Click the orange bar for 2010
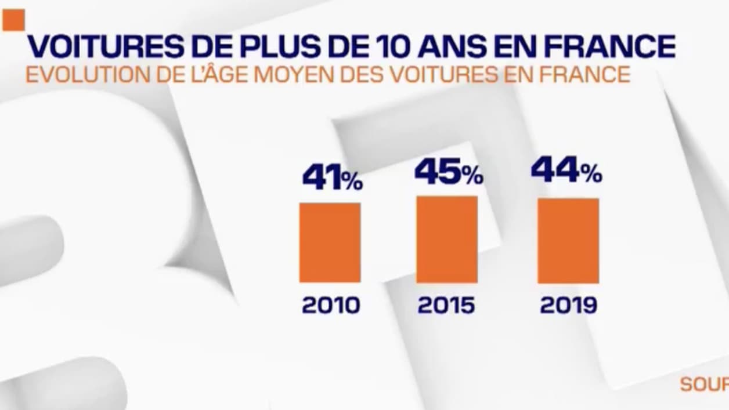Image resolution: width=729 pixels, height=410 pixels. pos(330,242)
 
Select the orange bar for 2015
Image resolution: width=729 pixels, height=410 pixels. pos(447,239)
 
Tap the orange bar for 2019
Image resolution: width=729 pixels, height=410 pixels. pos(568,241)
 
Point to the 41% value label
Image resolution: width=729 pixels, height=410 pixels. pos(332,178)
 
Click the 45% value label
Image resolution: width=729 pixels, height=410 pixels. pos(448,173)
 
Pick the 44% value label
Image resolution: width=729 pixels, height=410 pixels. pos(566,172)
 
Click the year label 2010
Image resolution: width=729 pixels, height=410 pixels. pos(331,306)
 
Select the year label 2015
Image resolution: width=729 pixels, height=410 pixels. pos(446,306)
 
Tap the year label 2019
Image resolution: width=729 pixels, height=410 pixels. pos(568,306)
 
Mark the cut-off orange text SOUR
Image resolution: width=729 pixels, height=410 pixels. pos(704,384)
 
